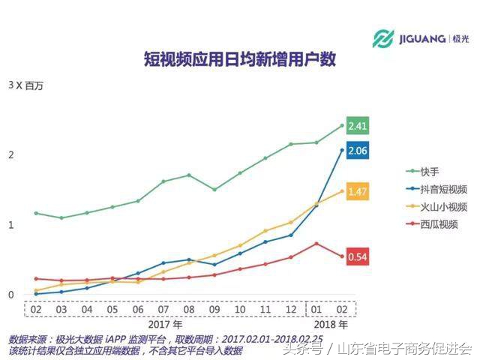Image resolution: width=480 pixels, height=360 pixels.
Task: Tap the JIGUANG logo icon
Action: point(383,38)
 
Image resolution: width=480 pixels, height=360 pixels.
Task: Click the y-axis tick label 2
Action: point(11,155)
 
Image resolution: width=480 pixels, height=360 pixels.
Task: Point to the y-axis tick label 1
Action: point(11,225)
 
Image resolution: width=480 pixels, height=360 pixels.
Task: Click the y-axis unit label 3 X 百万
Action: point(26,86)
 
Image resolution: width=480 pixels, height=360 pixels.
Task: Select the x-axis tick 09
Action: point(214,309)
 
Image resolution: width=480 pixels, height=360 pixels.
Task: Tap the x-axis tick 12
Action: point(291,309)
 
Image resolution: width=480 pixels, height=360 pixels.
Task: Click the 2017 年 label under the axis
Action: point(164,325)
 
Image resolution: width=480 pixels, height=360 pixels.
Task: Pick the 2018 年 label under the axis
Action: point(331,325)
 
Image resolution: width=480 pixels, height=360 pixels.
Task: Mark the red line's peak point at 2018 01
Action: point(316,244)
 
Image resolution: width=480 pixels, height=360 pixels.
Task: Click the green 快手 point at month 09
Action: point(214,190)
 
